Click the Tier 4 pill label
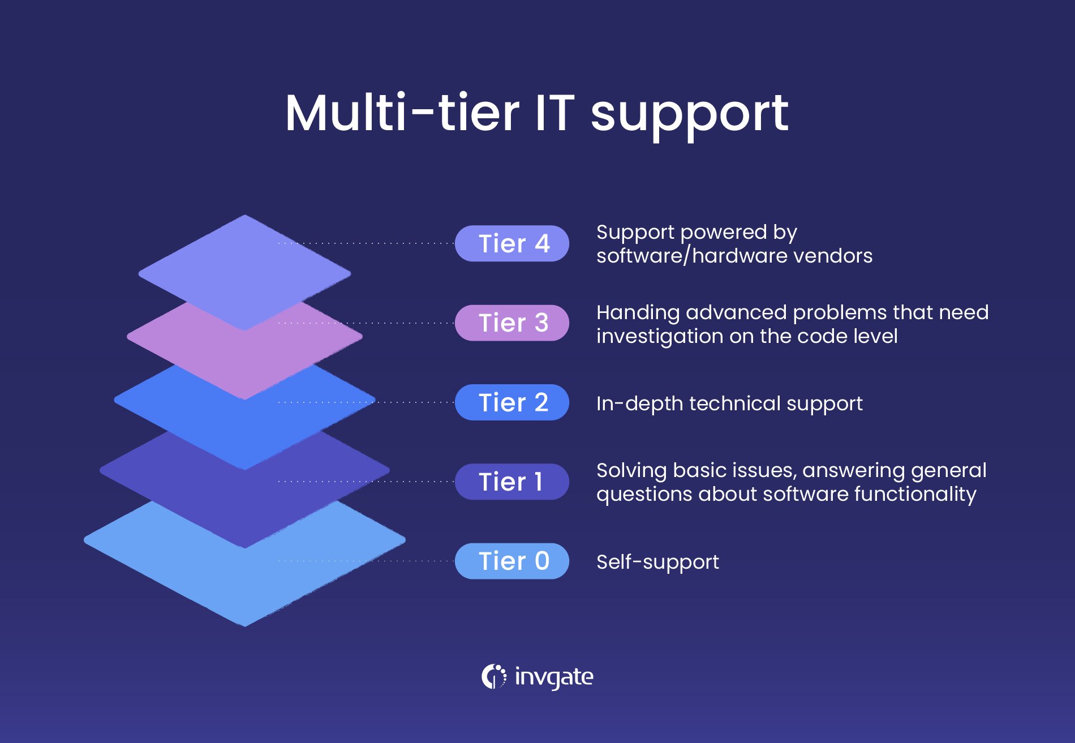tap(512, 243)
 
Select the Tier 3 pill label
tap(512, 323)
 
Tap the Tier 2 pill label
tap(512, 402)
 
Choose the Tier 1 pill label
tap(512, 482)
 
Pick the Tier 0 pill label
tap(512, 561)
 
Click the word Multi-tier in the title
tap(402, 113)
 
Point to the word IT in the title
tap(554, 113)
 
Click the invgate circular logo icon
tap(494, 676)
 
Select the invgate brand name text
tap(554, 677)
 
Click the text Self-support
tap(657, 562)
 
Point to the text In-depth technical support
tap(729, 404)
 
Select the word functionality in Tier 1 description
tap(915, 494)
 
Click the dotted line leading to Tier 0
tap(366, 561)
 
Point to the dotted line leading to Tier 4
tap(366, 243)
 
